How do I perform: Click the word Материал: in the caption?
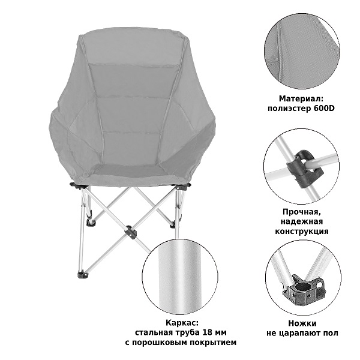pyautogui.click(x=301, y=99)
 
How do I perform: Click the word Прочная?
pyautogui.click(x=301, y=212)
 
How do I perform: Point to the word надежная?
pyautogui.click(x=301, y=221)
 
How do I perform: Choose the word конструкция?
pyautogui.click(x=302, y=231)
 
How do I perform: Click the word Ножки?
pyautogui.click(x=302, y=323)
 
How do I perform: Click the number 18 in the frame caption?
pyautogui.click(x=207, y=332)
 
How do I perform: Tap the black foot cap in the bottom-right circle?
pyautogui.click(x=304, y=290)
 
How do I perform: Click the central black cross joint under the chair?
pyautogui.click(x=130, y=232)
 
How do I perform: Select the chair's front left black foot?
pyautogui.click(x=83, y=275)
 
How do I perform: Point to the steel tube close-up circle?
pyautogui.click(x=180, y=277)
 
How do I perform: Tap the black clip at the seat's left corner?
pyautogui.click(x=76, y=185)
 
